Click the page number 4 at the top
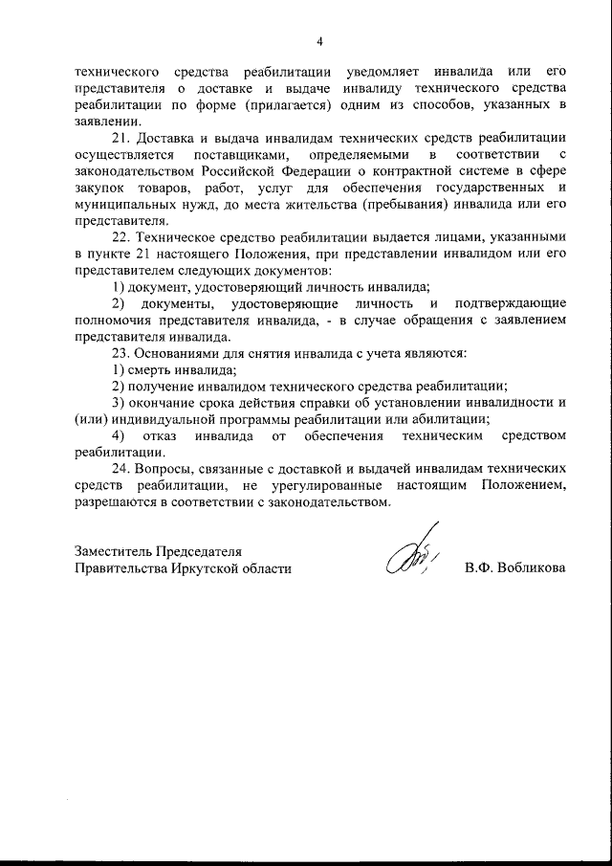pyautogui.click(x=320, y=40)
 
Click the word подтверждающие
pyautogui.click(x=515, y=302)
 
